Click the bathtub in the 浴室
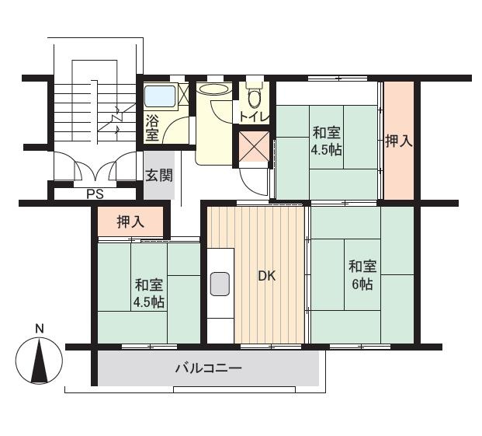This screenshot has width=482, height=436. tap(160, 96)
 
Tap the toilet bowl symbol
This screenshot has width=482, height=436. tap(255, 95)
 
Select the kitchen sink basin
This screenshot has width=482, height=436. tap(220, 284)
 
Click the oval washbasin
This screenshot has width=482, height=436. tap(214, 89)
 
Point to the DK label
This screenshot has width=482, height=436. tap(267, 276)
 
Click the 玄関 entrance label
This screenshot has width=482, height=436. tap(159, 175)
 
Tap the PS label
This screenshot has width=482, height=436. tap(95, 194)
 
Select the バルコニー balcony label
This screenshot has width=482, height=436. tap(209, 368)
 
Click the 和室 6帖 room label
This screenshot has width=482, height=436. tap(362, 275)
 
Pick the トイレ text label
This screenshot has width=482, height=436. tap(255, 117)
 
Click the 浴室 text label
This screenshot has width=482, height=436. tap(152, 127)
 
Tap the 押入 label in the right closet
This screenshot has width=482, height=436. tap(399, 141)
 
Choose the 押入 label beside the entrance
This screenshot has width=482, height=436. tap(130, 221)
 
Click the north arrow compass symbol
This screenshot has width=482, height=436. tap(39, 360)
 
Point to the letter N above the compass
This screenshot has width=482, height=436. tap(40, 329)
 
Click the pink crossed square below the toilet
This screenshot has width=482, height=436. tap(254, 146)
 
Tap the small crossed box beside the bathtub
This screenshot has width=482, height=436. tap(183, 94)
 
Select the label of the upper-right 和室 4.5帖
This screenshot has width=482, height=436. tap(326, 142)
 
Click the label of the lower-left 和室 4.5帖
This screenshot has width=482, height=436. tap(149, 294)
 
